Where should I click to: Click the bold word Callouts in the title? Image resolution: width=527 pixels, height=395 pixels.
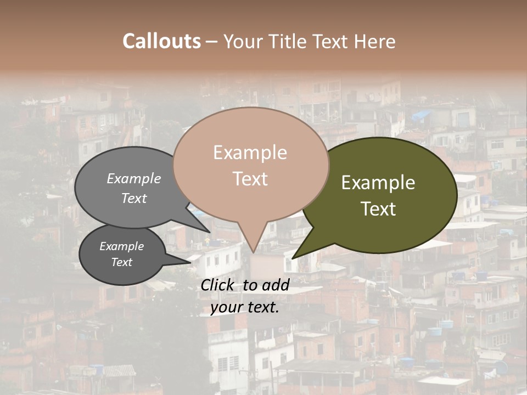click(x=161, y=41)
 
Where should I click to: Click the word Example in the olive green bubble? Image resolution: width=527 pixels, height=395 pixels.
click(x=378, y=183)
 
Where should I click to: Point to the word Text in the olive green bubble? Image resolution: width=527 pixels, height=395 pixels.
click(x=378, y=209)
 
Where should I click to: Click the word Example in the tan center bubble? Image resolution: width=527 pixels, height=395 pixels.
click(x=250, y=153)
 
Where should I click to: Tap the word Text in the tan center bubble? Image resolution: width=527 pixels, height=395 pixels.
click(x=250, y=179)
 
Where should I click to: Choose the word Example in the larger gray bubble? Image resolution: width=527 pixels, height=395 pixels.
click(x=134, y=179)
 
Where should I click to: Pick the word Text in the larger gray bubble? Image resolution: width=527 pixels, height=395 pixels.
click(x=134, y=198)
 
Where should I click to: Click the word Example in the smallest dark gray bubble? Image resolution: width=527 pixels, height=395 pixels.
click(x=121, y=246)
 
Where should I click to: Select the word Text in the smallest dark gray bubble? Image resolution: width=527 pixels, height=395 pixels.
click(x=121, y=262)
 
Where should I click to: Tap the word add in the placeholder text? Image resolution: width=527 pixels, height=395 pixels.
click(x=277, y=285)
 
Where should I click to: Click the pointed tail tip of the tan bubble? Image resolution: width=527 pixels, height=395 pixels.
click(x=253, y=252)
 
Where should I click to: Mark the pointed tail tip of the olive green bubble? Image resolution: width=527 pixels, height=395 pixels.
click(x=293, y=258)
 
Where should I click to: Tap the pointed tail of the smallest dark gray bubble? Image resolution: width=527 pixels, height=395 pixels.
click(x=189, y=263)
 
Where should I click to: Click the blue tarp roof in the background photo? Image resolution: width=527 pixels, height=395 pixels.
click(x=422, y=115)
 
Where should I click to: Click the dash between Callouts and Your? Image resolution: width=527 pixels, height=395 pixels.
click(x=212, y=41)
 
